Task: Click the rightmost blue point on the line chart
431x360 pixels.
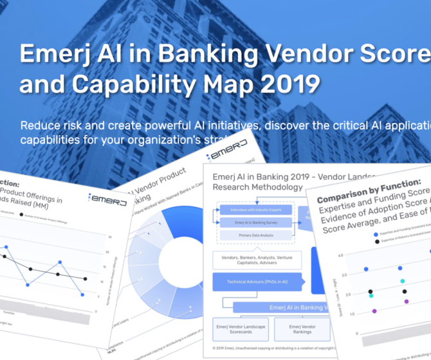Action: [x=82, y=294]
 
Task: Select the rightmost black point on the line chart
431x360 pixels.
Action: [x=86, y=279]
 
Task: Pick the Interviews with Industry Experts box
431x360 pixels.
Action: [x=255, y=210]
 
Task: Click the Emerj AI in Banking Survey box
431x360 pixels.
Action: [x=255, y=223]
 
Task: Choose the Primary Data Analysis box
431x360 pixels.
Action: [x=255, y=236]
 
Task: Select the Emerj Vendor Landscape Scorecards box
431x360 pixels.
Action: [x=236, y=328]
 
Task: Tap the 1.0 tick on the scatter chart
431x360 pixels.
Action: [x=353, y=314]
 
